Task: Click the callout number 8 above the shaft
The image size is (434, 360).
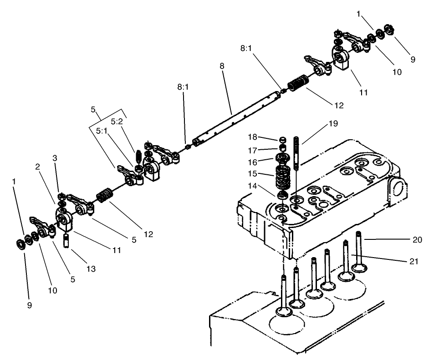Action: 222,66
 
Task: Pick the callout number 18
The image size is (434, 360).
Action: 252,137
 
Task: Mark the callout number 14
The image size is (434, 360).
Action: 252,186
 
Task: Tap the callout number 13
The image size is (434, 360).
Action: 91,269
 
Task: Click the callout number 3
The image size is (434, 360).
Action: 55,157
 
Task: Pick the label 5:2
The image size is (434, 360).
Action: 117,122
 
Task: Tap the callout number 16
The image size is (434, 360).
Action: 252,162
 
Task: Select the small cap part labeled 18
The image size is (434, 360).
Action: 282,140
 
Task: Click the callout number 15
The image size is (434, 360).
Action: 252,173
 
